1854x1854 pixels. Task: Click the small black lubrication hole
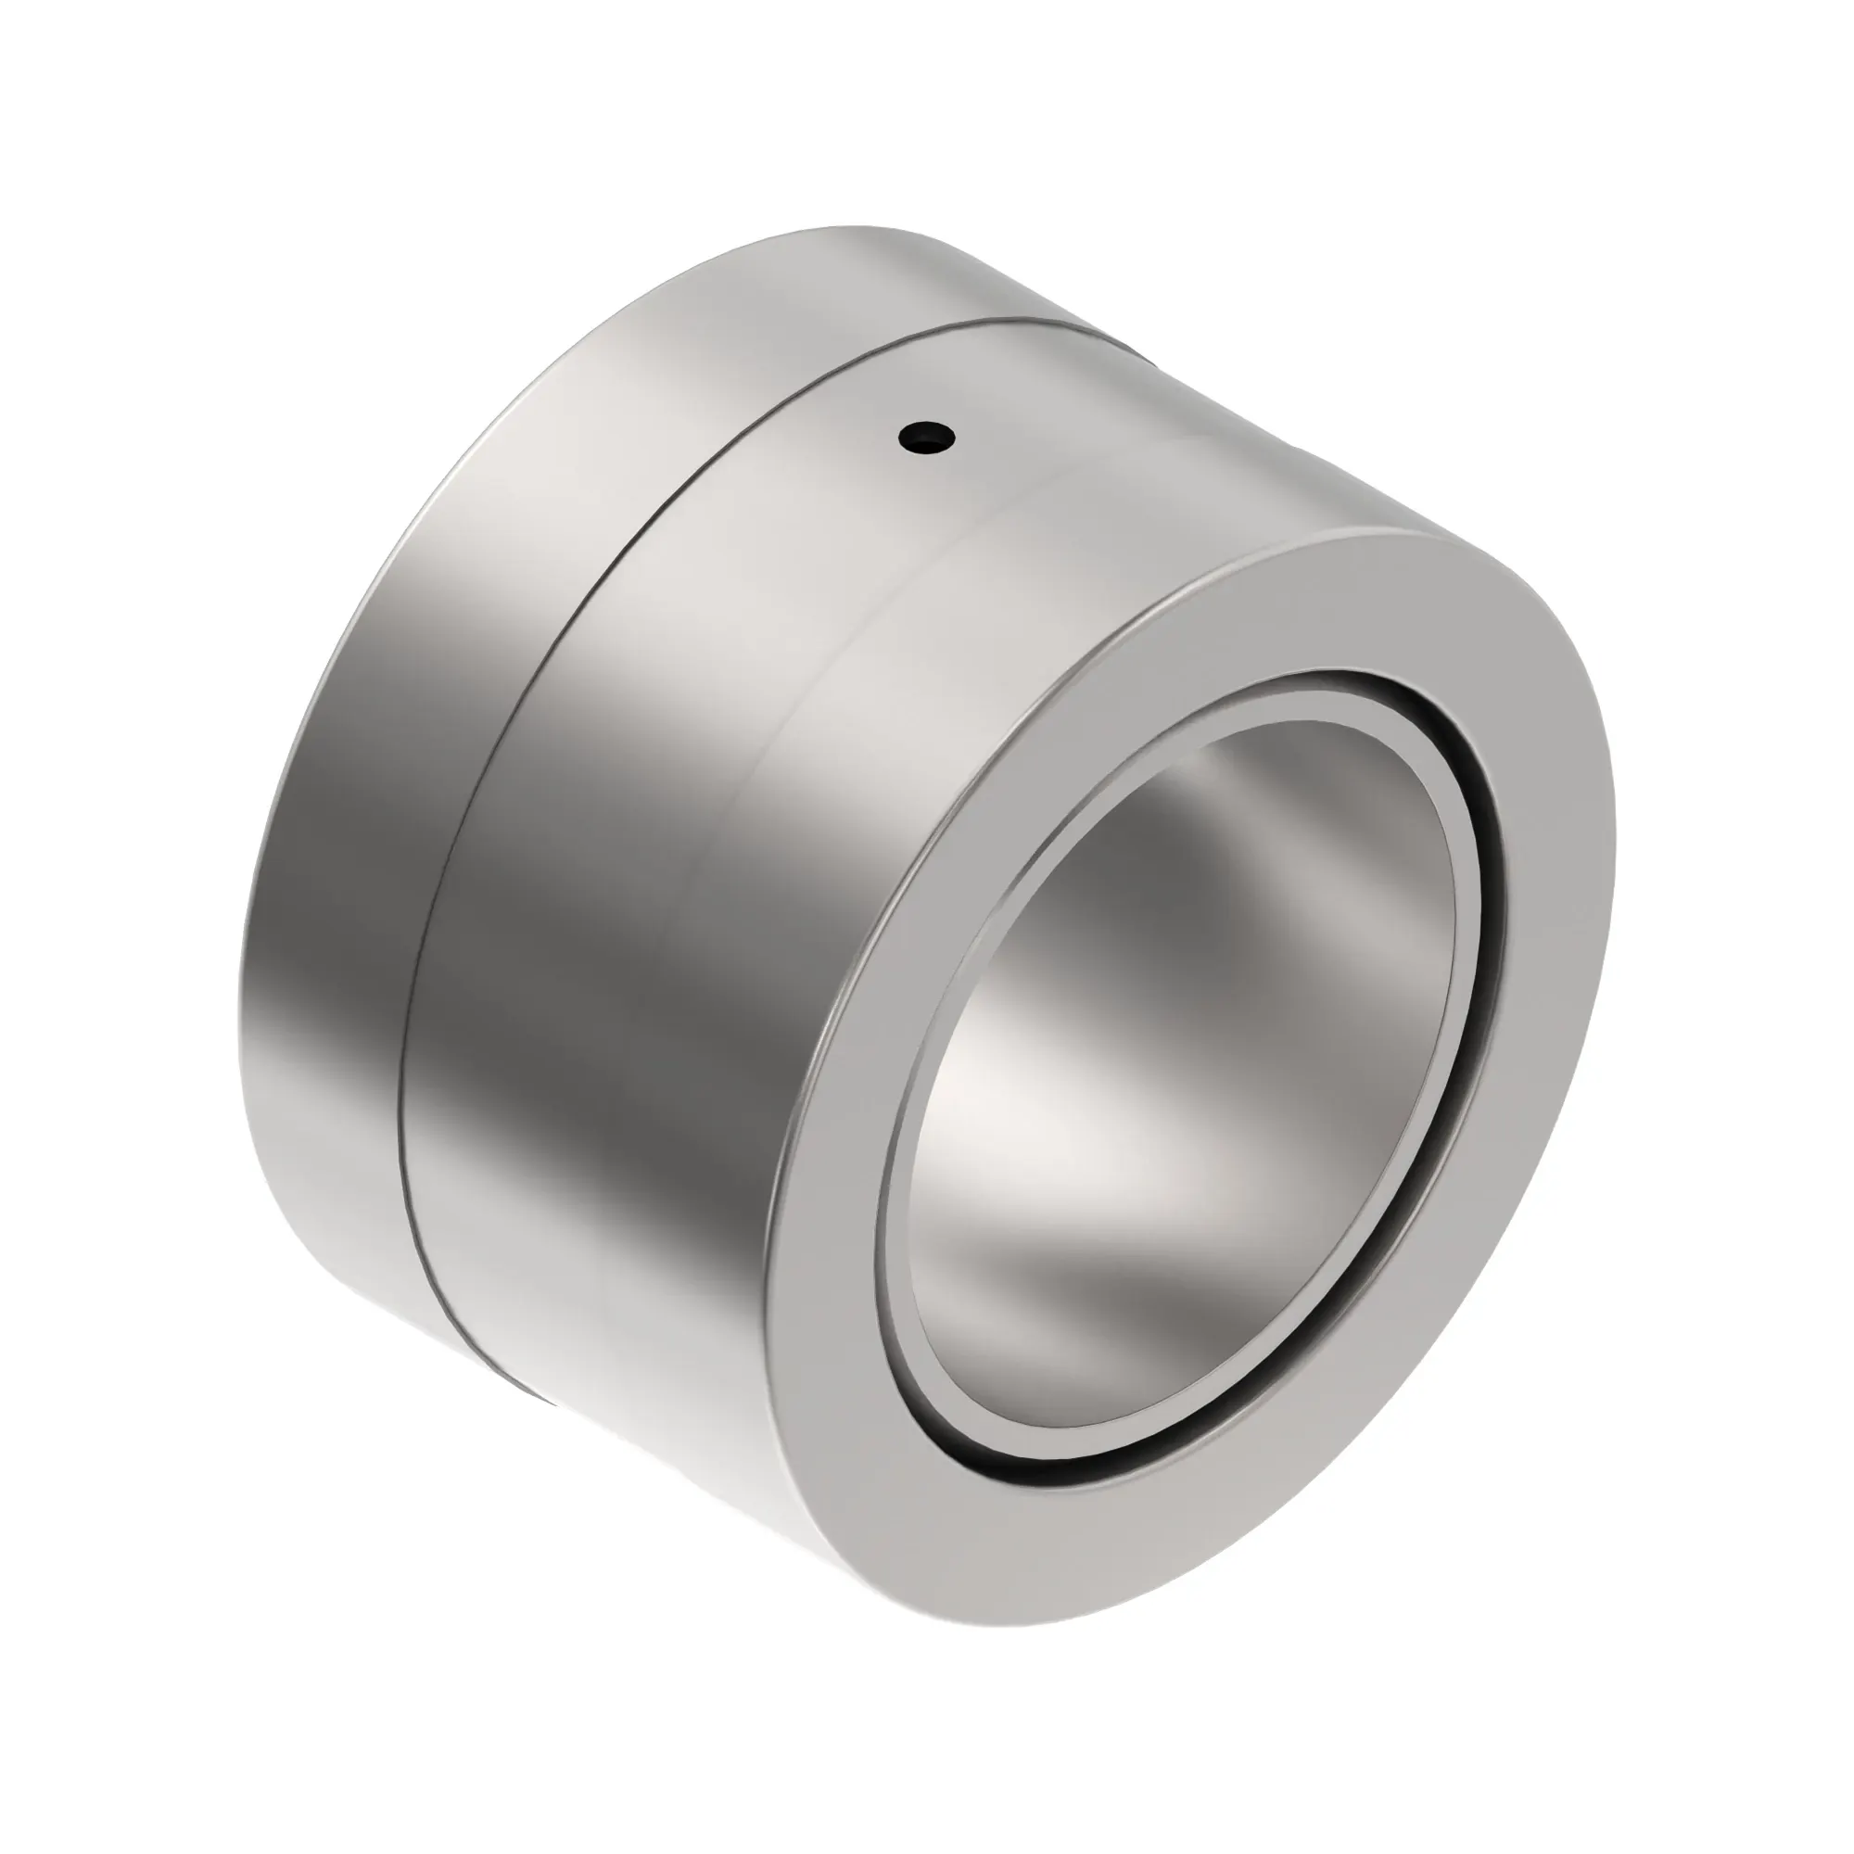(x=927, y=438)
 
